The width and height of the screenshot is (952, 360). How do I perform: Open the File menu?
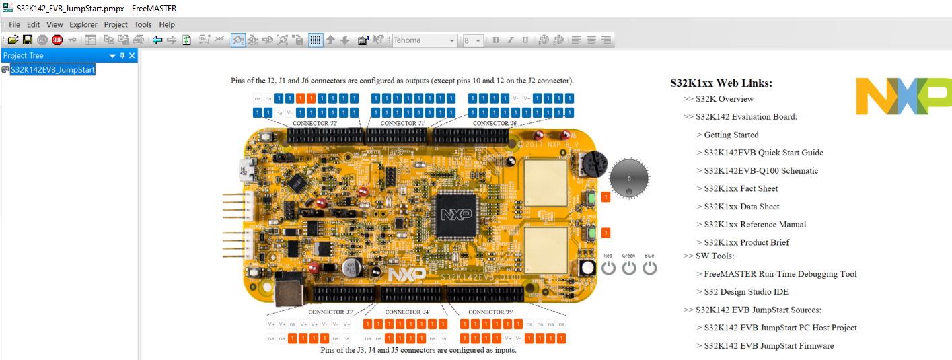click(14, 24)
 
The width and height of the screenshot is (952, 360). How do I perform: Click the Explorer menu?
click(83, 24)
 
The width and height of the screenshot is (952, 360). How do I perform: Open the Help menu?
click(167, 24)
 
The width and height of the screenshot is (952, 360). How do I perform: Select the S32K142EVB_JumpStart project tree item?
click(52, 69)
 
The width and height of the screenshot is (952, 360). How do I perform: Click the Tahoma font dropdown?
click(425, 40)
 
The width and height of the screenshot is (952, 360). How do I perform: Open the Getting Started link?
click(731, 135)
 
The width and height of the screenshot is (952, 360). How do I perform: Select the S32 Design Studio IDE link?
click(746, 291)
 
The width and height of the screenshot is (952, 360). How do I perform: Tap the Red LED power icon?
click(608, 268)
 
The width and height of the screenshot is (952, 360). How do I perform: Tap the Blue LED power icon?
click(649, 268)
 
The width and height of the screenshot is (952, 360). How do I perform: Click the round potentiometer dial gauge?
click(629, 178)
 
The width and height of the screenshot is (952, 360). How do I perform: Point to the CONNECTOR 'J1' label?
click(403, 124)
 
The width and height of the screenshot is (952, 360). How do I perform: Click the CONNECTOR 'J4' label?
click(407, 312)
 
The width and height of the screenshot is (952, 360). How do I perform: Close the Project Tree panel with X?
click(132, 56)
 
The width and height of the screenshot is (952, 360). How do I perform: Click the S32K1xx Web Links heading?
click(721, 83)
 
